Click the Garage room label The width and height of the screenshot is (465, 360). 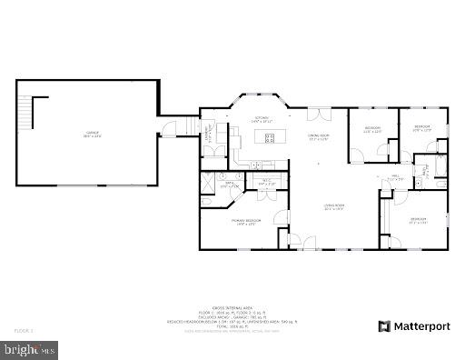[x=88, y=135]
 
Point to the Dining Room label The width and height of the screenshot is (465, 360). [x=318, y=137]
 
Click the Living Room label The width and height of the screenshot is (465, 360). [x=334, y=206]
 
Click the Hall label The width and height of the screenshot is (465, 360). [x=396, y=178]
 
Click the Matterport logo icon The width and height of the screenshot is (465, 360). [x=385, y=325]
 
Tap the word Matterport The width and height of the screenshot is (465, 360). [x=423, y=325]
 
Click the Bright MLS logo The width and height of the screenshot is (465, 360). [x=29, y=347]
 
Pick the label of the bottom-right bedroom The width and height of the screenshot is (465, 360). [x=417, y=220]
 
